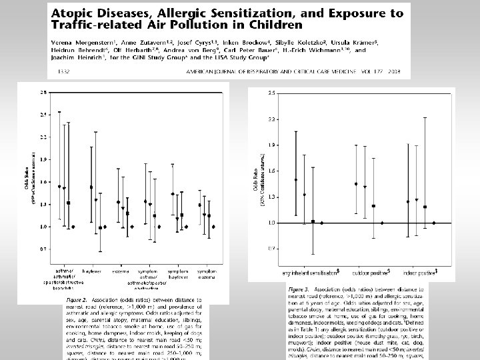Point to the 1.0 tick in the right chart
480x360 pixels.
pyautogui.click(x=272, y=223)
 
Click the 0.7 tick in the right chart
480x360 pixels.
pyautogui.click(x=272, y=248)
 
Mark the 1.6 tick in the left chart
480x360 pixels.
pyautogui.click(x=43, y=182)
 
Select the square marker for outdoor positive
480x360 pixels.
pyautogui.click(x=373, y=206)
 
